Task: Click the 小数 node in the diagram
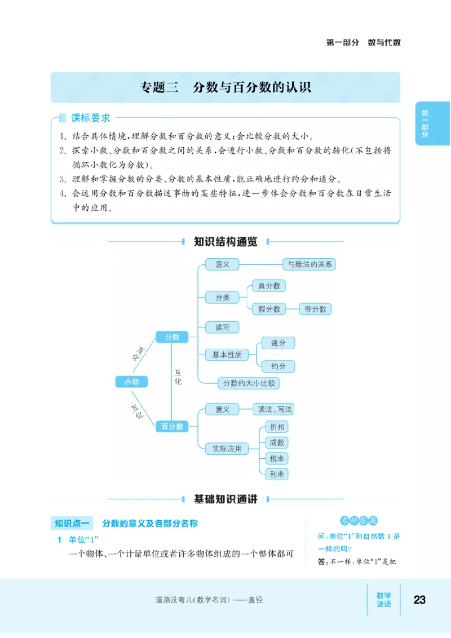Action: click(131, 382)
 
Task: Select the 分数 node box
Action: click(172, 336)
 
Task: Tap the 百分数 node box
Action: click(172, 427)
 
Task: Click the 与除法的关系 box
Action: click(309, 264)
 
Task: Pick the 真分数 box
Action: click(269, 286)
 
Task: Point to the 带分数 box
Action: click(315, 309)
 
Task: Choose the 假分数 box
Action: click(269, 309)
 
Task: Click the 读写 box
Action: click(222, 327)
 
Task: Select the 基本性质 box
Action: click(227, 355)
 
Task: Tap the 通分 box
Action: click(278, 343)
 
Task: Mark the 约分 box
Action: click(278, 366)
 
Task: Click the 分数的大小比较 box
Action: click(249, 383)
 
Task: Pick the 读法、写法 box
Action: click(275, 409)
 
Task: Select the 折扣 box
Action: click(277, 427)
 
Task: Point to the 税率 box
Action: click(277, 458)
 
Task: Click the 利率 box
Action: click(277, 474)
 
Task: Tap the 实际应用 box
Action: click(227, 449)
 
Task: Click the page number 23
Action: click(419, 600)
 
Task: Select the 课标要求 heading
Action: click(90, 118)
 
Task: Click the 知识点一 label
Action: click(71, 524)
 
